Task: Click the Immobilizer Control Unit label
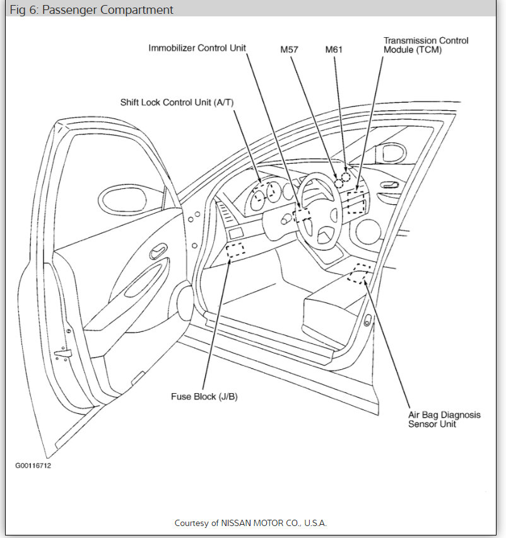197,48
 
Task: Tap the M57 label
289,48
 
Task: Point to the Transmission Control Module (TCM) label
426,45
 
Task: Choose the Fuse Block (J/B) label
204,397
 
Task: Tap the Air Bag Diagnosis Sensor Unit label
444,420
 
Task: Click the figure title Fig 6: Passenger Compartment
91,10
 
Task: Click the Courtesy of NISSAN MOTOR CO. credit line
250,523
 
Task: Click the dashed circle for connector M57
339,183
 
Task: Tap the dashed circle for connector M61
346,176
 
